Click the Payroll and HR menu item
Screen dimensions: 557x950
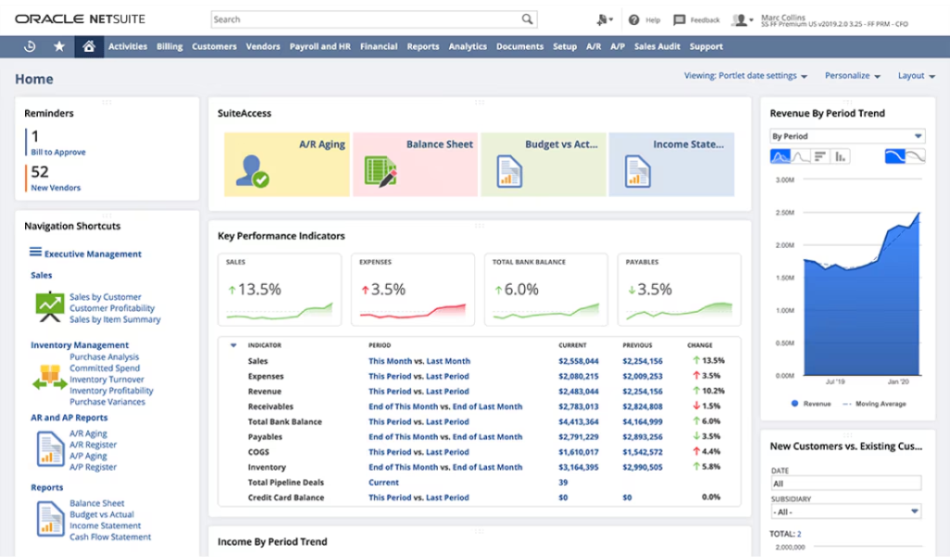click(320, 46)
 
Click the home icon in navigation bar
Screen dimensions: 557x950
click(88, 46)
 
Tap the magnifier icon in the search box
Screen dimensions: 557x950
click(527, 19)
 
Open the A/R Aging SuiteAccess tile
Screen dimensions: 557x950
click(287, 163)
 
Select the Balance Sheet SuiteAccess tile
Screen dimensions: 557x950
click(415, 163)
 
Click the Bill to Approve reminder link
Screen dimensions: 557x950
click(58, 152)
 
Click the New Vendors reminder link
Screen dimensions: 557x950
click(56, 188)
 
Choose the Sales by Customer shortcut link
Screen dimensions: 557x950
click(105, 297)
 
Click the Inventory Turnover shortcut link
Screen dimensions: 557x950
click(107, 380)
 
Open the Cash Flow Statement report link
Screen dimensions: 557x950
click(109, 537)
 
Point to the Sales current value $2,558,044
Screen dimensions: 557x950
click(578, 361)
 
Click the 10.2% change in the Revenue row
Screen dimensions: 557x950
click(712, 392)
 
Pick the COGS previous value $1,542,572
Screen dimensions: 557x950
click(642, 452)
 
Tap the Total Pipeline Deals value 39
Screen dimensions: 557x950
click(563, 483)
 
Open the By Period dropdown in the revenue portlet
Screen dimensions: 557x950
click(847, 136)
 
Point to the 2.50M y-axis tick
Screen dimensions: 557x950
click(784, 213)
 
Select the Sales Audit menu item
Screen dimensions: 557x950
click(657, 46)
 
